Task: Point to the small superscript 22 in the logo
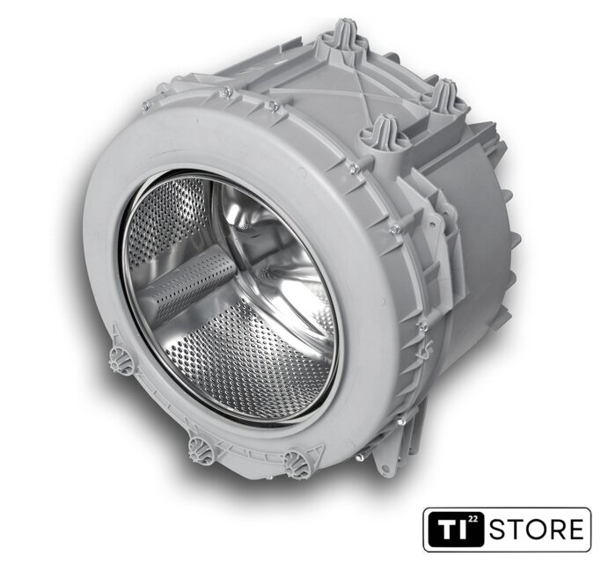click(473, 519)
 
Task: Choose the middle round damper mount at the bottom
click(202, 450)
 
